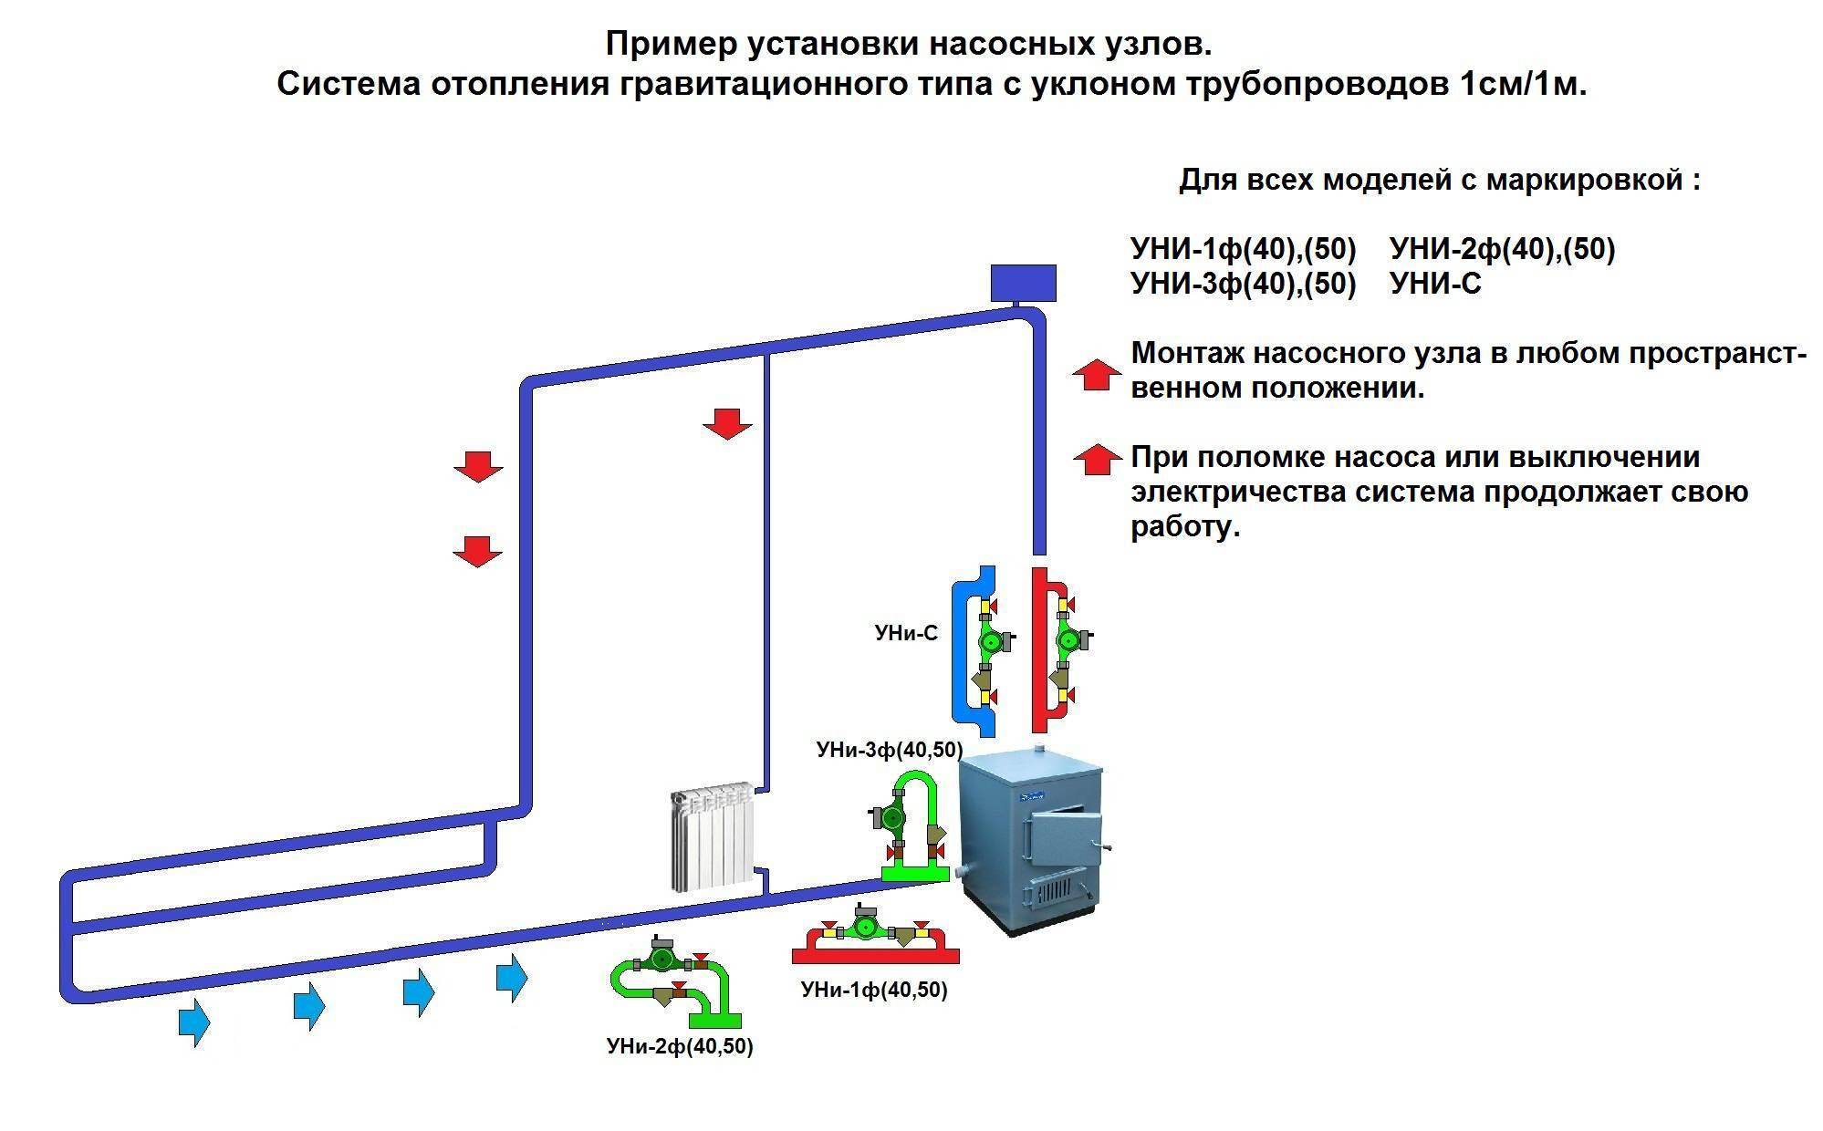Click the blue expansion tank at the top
point(1023,283)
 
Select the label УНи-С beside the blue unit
point(905,633)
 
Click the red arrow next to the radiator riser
point(727,423)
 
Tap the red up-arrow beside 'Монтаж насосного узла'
point(1096,374)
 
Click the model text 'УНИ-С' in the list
point(1435,285)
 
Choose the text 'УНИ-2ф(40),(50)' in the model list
point(1502,249)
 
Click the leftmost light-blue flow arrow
point(193,1022)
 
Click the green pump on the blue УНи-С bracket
point(989,641)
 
